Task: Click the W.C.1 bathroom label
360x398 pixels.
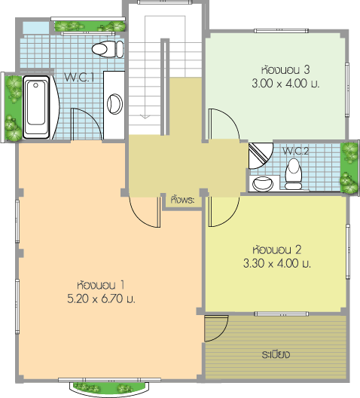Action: click(x=79, y=78)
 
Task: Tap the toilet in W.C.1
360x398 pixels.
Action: click(x=108, y=49)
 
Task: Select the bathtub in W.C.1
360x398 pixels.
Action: click(x=36, y=107)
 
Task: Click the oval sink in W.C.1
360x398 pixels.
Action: click(x=114, y=104)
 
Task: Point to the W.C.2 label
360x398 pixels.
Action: click(x=295, y=151)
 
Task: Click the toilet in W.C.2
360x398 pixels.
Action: click(x=294, y=174)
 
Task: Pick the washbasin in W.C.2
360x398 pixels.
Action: click(x=263, y=184)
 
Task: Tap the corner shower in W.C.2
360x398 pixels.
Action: click(x=261, y=155)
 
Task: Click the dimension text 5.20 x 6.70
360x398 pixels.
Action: click(x=102, y=298)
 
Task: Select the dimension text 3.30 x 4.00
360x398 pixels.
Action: click(x=277, y=263)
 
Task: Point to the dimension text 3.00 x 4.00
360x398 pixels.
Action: click(x=285, y=83)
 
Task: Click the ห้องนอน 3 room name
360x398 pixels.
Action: click(x=285, y=70)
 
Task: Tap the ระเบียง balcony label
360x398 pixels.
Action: click(x=276, y=354)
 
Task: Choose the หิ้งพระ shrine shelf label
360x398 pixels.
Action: click(x=182, y=200)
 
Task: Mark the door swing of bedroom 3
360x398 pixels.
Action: click(x=224, y=124)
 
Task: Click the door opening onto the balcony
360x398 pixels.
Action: click(x=216, y=329)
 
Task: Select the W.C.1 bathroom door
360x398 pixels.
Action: click(x=87, y=124)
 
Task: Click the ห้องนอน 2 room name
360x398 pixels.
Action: click(x=277, y=250)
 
